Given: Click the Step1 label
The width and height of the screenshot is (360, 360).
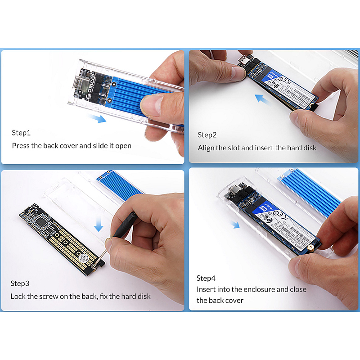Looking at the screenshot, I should [21, 133].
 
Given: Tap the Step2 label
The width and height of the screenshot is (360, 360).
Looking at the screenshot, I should [207, 135].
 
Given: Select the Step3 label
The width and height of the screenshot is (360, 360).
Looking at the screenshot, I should [20, 283].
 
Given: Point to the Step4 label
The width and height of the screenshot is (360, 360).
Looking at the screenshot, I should [206, 278].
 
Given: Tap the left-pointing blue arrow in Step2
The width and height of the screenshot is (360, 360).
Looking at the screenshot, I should [263, 99].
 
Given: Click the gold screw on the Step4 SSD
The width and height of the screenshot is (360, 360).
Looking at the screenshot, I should [310, 247].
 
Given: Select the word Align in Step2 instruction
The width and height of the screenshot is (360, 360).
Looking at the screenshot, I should [207, 148].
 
